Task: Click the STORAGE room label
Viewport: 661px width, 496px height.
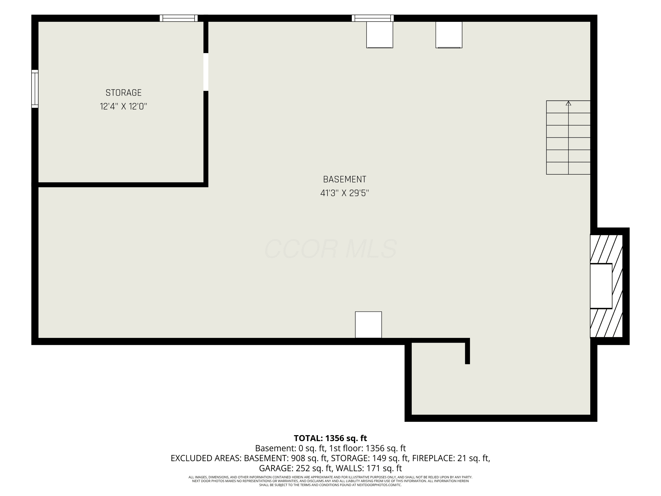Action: click(123, 93)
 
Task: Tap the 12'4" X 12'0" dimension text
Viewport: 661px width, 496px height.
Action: click(123, 106)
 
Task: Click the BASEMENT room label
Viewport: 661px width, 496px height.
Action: click(345, 179)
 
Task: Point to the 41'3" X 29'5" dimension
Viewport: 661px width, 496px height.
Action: click(345, 193)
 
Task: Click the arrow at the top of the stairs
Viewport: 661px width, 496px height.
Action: click(568, 103)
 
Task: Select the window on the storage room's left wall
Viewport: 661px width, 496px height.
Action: click(35, 89)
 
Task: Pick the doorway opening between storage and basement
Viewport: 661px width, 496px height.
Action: click(206, 72)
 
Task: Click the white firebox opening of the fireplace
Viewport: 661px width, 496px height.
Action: click(601, 286)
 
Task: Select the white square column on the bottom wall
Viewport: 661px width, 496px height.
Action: click(368, 325)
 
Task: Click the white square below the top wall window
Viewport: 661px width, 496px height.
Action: click(379, 35)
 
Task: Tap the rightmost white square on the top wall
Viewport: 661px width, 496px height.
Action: click(449, 35)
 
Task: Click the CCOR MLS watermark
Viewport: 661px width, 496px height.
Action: click(331, 248)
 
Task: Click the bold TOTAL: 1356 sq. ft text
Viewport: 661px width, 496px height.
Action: click(330, 438)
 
